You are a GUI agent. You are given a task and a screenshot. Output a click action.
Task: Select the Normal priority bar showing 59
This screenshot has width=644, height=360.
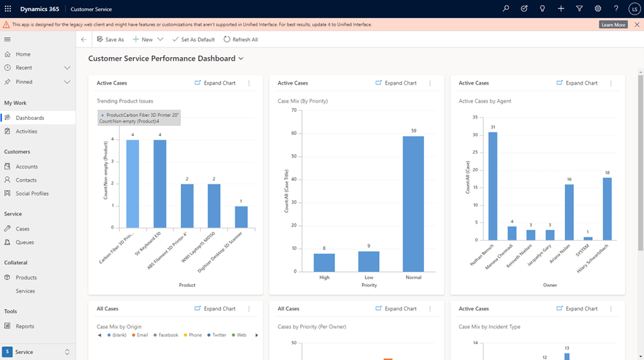pyautogui.click(x=413, y=204)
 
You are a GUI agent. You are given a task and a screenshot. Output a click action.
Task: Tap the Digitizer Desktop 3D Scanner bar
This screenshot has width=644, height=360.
pyautogui.click(x=241, y=217)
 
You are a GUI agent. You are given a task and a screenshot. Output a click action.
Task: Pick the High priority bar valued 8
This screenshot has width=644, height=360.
pyautogui.click(x=324, y=262)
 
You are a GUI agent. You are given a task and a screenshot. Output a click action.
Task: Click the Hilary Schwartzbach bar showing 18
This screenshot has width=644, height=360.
pyautogui.click(x=607, y=209)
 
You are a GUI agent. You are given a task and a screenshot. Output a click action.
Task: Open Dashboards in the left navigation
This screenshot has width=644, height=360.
pyautogui.click(x=30, y=118)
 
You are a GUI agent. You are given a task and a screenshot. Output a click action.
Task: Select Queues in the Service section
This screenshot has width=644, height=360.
pyautogui.click(x=25, y=242)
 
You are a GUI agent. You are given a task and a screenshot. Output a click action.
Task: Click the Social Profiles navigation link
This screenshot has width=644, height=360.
pyautogui.click(x=32, y=193)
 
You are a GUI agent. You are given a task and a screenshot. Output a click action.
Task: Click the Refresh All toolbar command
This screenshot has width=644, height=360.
pyautogui.click(x=241, y=40)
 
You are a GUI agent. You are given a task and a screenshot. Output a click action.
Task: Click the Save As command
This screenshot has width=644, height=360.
pyautogui.click(x=111, y=40)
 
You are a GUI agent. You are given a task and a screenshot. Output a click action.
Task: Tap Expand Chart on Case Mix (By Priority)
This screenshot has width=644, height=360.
pyautogui.click(x=396, y=83)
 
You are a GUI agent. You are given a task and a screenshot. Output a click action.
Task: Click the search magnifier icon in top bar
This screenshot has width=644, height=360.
pyautogui.click(x=506, y=9)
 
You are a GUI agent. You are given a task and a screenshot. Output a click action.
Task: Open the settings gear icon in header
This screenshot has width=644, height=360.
pyautogui.click(x=598, y=9)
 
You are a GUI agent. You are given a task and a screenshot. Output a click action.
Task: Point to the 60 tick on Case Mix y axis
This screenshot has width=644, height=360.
pyautogui.click(x=293, y=134)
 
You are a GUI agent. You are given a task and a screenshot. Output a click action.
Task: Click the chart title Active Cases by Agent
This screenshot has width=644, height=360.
pyautogui.click(x=484, y=101)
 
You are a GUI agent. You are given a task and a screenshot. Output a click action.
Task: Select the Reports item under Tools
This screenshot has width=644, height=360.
pyautogui.click(x=25, y=326)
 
